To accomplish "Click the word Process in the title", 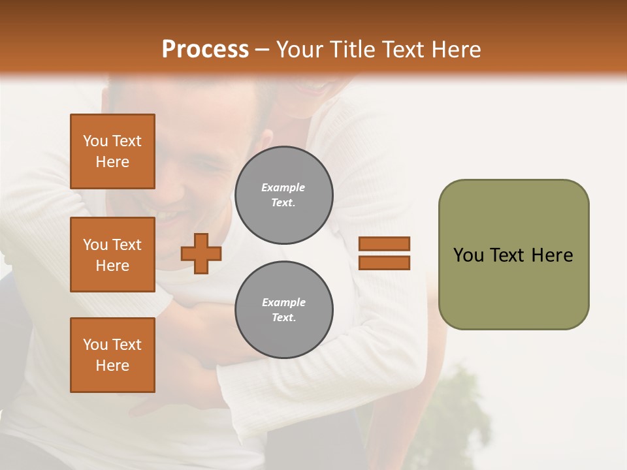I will pos(205,50).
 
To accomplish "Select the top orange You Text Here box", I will pos(112,151).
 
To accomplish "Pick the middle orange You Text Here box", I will pos(112,255).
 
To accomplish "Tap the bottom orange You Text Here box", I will pos(112,355).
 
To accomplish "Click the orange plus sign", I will pos(201,253).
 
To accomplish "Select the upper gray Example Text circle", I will pos(284,195).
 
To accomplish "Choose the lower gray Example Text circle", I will pos(284,310).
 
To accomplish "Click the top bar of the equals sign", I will pos(385,244).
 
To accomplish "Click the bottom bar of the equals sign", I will pos(385,263).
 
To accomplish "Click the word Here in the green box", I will pos(552,255).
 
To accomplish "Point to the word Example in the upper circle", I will pos(283,187).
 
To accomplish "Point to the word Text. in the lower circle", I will pos(283,318).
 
